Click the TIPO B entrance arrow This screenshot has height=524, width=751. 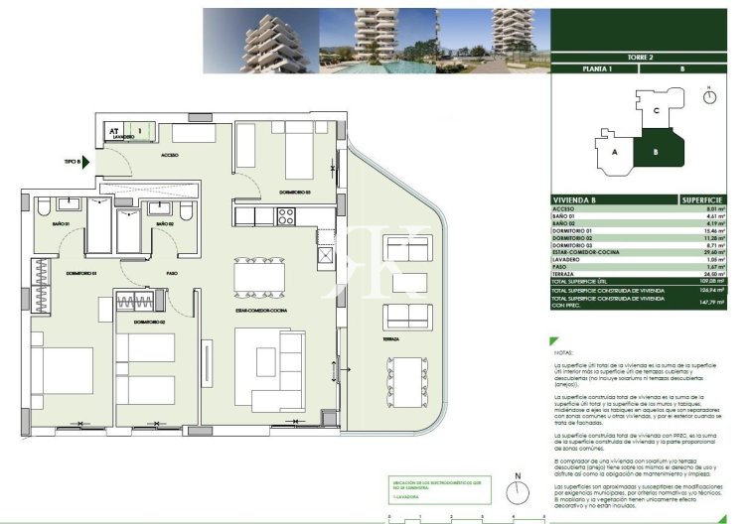click(x=86, y=161)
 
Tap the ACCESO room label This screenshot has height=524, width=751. click(x=170, y=156)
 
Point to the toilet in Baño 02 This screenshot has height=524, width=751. click(x=186, y=209)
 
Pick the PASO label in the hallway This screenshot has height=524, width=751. click(x=172, y=272)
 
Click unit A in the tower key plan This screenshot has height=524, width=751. click(x=616, y=152)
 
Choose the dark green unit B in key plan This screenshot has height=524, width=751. click(x=658, y=150)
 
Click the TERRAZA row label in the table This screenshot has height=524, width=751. click(x=568, y=274)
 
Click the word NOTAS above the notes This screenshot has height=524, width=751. click(x=564, y=352)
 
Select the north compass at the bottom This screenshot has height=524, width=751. click(x=516, y=493)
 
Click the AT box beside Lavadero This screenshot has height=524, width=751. click(x=114, y=130)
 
